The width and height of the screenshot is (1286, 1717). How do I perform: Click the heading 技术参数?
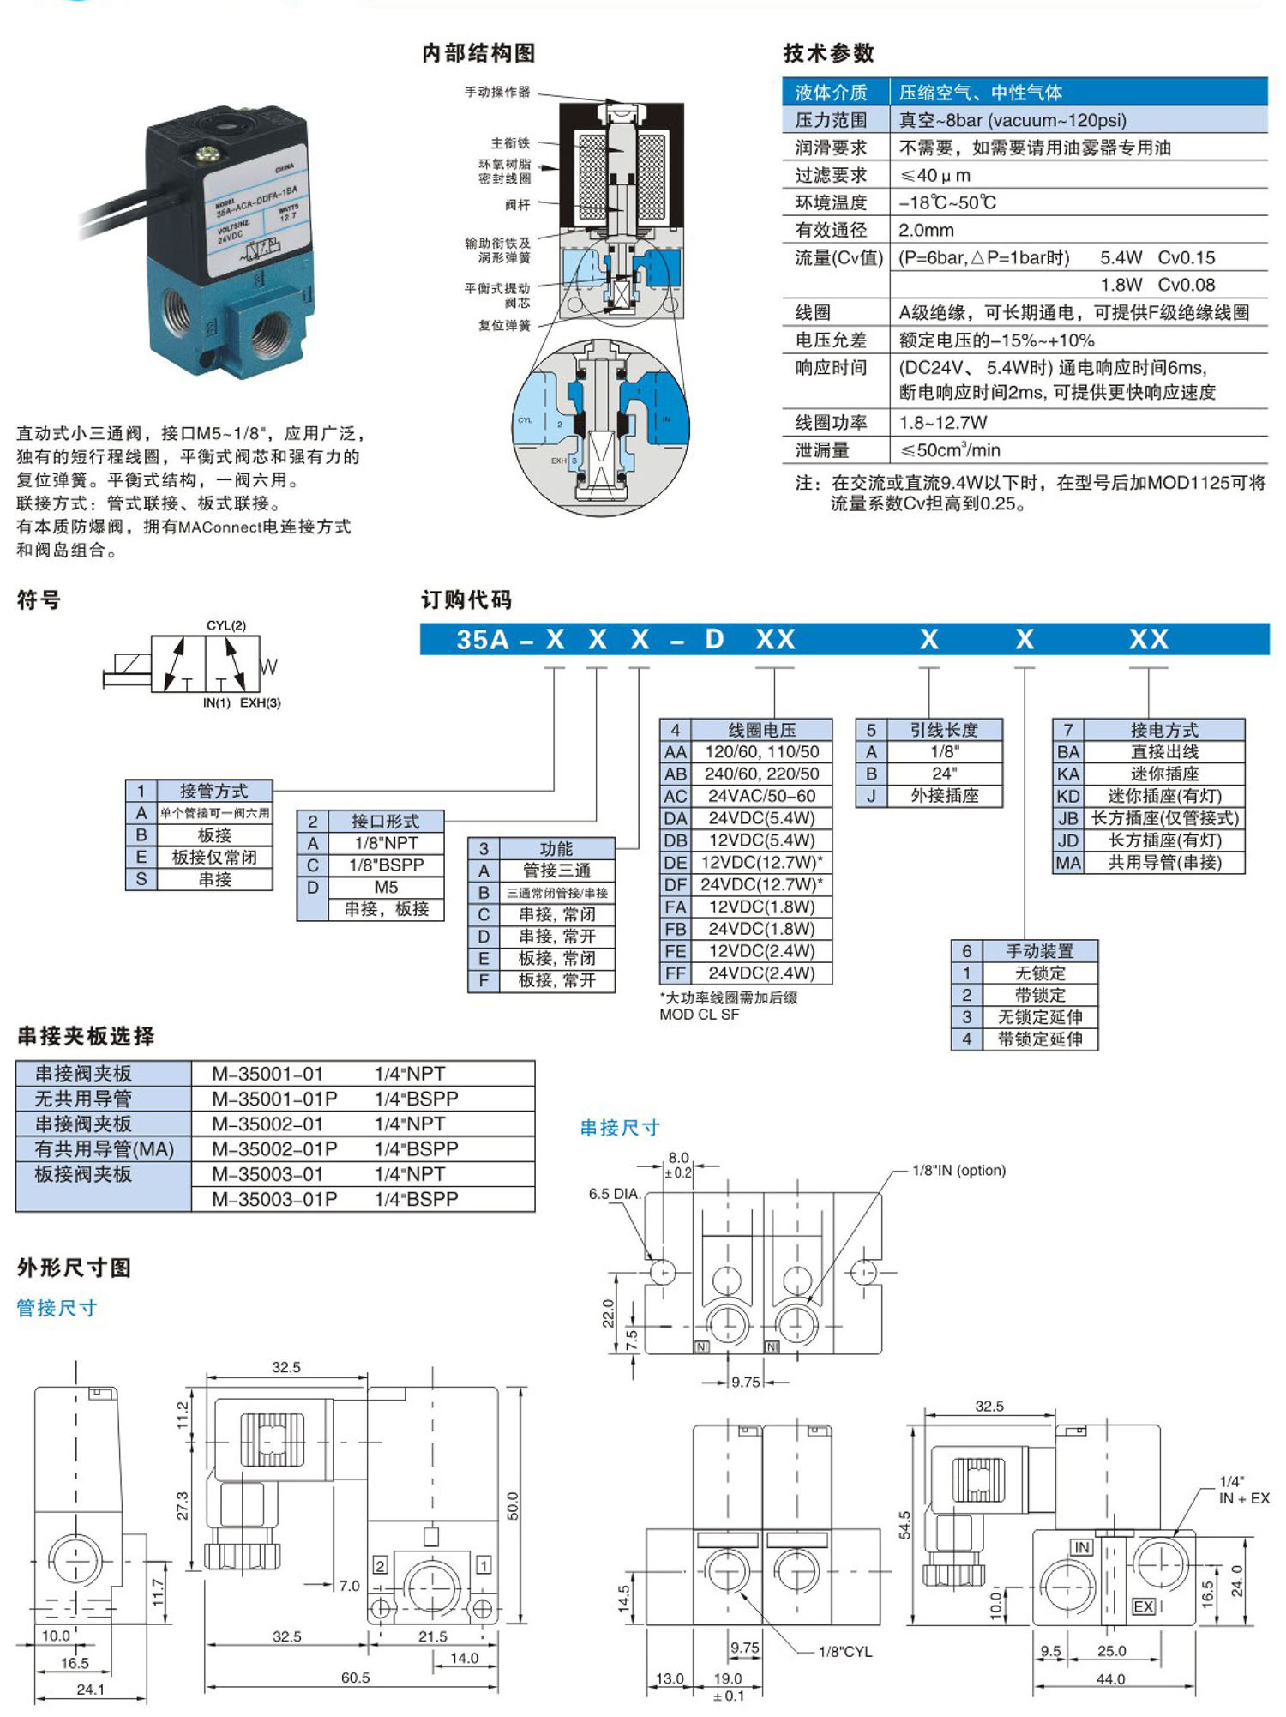(x=828, y=53)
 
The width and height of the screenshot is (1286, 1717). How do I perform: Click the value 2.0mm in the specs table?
(x=926, y=230)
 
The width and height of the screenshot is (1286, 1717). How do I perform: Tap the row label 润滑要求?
(x=831, y=148)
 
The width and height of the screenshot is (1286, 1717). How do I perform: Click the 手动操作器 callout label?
(x=497, y=92)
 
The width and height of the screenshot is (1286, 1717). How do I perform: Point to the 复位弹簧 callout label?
(x=504, y=325)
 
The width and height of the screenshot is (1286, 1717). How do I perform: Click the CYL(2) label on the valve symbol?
(x=226, y=625)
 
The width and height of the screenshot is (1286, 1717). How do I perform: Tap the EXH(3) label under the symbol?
(x=260, y=702)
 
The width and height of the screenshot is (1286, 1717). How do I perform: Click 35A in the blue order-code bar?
(x=483, y=640)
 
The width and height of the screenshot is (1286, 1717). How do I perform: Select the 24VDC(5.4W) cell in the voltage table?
(x=761, y=818)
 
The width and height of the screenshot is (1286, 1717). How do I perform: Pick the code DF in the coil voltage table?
(x=675, y=884)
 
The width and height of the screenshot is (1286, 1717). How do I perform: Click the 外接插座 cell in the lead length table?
(x=945, y=796)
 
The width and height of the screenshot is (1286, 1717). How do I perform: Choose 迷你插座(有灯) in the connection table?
(x=1164, y=796)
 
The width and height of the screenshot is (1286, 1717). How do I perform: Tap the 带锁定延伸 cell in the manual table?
(x=1039, y=1039)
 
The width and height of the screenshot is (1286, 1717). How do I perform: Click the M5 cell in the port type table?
(x=386, y=887)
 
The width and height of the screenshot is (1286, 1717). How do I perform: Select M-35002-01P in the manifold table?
(x=274, y=1148)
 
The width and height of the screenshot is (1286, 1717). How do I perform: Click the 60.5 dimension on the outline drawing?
(x=355, y=1677)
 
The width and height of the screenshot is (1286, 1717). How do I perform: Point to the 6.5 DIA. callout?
(x=615, y=1193)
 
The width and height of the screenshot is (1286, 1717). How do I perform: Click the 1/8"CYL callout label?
(x=844, y=1651)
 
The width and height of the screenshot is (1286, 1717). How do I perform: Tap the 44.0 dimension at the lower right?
(x=1110, y=1678)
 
